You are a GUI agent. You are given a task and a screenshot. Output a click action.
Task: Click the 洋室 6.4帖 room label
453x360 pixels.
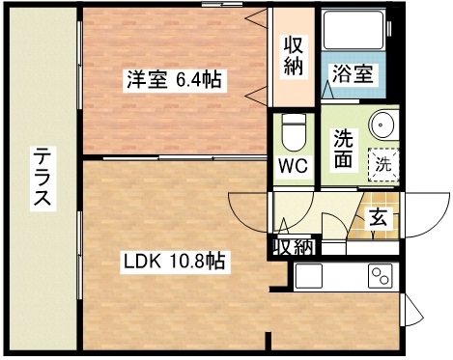tap(173, 80)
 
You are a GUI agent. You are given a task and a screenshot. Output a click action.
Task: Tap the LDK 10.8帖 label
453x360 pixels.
tap(173, 261)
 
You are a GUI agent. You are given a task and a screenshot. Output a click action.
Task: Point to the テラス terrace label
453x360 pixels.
tap(42, 178)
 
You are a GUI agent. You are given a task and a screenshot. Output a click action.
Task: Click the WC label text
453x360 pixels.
tap(293, 165)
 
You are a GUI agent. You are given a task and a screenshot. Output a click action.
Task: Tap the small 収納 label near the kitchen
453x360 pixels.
tap(293, 246)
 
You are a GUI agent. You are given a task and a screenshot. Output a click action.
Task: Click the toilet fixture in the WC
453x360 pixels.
tap(292, 127)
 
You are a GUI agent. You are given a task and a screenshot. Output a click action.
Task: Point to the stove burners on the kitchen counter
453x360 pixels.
tap(379, 276)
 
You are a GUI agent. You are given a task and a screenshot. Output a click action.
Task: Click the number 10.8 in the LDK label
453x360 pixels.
tap(183, 261)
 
